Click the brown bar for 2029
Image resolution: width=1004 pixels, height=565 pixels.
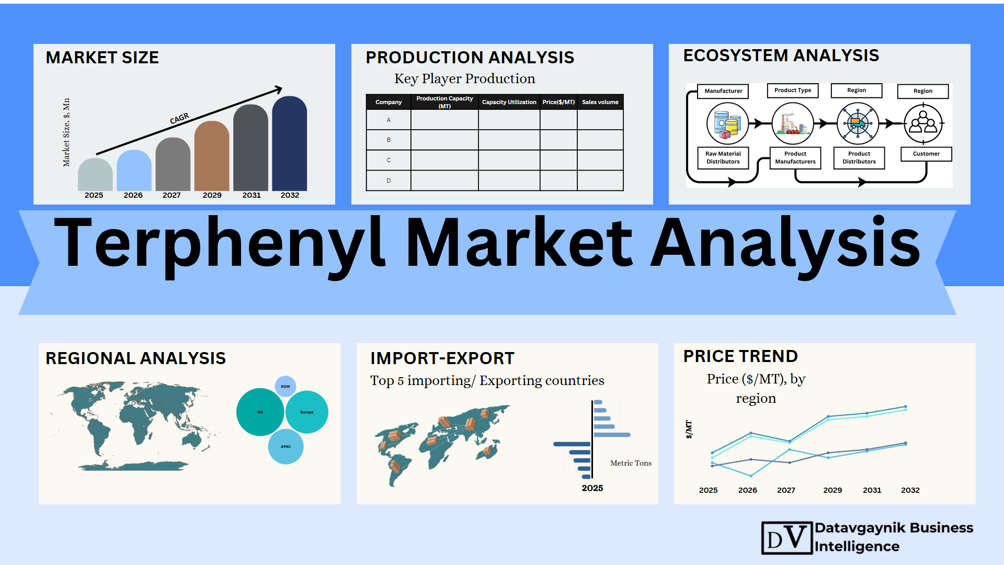click(x=212, y=156)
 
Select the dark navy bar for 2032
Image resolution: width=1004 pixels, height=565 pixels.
click(x=290, y=143)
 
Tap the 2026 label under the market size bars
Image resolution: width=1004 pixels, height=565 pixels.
click(x=133, y=195)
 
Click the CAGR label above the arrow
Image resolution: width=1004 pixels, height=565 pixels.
click(x=179, y=119)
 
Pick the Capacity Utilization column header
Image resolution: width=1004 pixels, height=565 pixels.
click(x=509, y=102)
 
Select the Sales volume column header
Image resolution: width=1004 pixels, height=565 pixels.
click(x=600, y=102)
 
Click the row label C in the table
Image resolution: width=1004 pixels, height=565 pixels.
click(x=389, y=160)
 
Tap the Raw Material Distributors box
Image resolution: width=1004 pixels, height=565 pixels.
click(x=723, y=157)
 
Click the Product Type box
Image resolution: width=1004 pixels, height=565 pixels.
click(x=793, y=91)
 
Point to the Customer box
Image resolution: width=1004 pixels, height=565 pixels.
click(x=926, y=154)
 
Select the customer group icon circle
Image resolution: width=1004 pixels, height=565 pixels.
click(x=923, y=124)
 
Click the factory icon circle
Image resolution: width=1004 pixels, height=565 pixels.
click(x=793, y=124)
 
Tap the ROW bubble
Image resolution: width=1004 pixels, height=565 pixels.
click(x=286, y=387)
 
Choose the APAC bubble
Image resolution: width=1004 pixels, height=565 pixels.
click(x=286, y=447)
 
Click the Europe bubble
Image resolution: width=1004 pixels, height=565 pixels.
click(x=307, y=412)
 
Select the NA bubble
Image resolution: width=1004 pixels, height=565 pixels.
click(x=260, y=412)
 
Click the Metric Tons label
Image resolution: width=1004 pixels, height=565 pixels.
click(x=631, y=463)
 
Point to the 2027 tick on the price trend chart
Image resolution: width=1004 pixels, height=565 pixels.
click(x=786, y=490)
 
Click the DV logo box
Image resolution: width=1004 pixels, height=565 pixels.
click(x=787, y=538)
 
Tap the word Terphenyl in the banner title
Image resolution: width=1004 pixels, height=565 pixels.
click(x=220, y=245)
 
